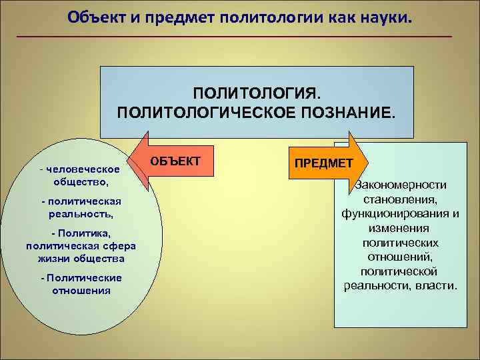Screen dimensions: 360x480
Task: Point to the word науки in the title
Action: coord(385,15)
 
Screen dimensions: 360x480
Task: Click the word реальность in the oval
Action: coord(80,214)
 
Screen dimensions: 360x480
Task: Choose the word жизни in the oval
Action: coord(58,258)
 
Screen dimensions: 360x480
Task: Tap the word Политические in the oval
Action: coord(83,278)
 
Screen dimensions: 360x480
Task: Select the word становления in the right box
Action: coord(399,199)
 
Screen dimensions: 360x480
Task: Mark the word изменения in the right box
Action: coord(400,228)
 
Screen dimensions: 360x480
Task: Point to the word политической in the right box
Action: coord(399,271)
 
